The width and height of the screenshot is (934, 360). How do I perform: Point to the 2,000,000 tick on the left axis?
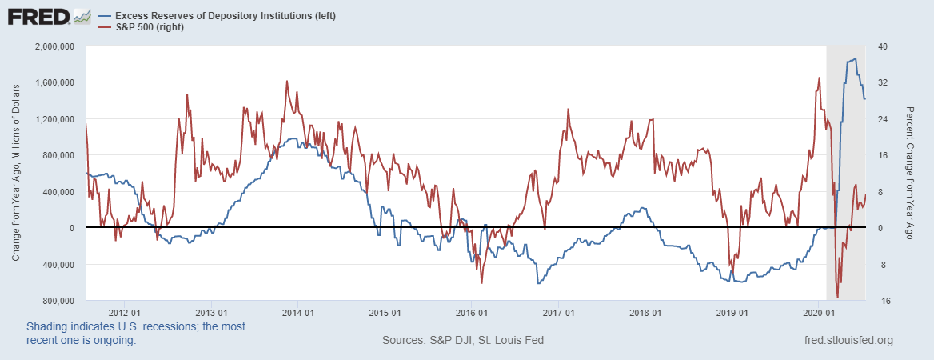[53, 46]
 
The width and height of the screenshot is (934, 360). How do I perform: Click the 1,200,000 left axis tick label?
[53, 119]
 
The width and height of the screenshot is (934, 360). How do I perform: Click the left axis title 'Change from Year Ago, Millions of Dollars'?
[15, 173]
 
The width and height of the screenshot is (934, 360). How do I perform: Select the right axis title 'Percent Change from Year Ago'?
[910, 173]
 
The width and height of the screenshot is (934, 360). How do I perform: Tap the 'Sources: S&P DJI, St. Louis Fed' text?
[463, 341]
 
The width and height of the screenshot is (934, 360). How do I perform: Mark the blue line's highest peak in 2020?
[855, 59]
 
